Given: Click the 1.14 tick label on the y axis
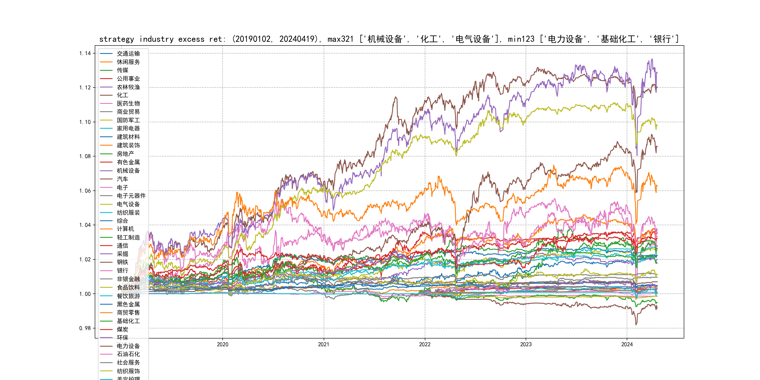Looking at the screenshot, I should pos(85,53).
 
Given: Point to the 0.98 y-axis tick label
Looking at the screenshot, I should pos(85,328).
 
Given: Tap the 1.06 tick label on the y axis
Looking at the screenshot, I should pos(85,191).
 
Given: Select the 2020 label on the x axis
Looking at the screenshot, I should pos(222,344).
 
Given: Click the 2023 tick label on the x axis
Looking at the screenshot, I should pos(526,344).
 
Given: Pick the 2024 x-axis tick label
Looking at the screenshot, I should pos(627,344).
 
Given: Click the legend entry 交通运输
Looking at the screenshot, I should pos(128,54).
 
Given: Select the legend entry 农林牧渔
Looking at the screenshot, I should pos(128,87).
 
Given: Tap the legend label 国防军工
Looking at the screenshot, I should pos(128,120).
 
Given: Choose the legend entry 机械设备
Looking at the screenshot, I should pos(128,171).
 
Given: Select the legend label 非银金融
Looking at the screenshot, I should pos(128,279).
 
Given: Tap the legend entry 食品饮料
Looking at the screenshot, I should pos(128,287).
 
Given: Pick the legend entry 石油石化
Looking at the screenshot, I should pos(128,354).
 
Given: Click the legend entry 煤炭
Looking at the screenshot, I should pos(122,329).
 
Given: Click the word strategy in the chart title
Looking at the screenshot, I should pos(117,39).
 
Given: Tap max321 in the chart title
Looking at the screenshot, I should pos(340,39).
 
